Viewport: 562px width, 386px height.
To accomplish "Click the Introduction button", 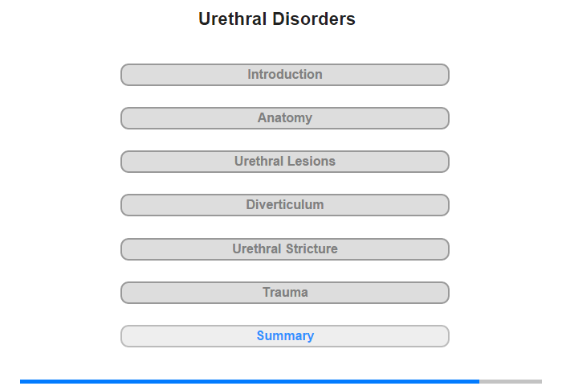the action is pyautogui.click(x=285, y=75).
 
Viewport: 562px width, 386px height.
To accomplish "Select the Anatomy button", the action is pyautogui.click(x=285, y=118).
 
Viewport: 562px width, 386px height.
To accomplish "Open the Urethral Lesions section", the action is pyautogui.click(x=285, y=162).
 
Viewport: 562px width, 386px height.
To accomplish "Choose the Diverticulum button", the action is pyautogui.click(x=285, y=205).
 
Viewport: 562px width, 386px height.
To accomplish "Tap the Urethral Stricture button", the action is pyautogui.click(x=285, y=249).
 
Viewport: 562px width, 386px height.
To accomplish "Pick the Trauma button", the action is pyautogui.click(x=285, y=293).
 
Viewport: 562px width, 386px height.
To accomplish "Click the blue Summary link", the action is pyautogui.click(x=285, y=335).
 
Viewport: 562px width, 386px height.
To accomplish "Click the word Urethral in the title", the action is pyautogui.click(x=233, y=18).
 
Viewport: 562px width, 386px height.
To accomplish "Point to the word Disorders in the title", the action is pyautogui.click(x=314, y=18).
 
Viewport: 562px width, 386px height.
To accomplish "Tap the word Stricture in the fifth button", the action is pyautogui.click(x=312, y=248).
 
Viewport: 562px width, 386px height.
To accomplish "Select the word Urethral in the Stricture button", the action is pyautogui.click(x=257, y=248).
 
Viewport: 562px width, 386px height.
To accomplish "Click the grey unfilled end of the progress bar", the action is pyautogui.click(x=511, y=381).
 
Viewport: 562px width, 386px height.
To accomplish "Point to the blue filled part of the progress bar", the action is pyautogui.click(x=250, y=381).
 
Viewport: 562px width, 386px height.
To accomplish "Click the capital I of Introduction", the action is pyautogui.click(x=249, y=74).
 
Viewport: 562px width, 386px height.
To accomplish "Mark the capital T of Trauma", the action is pyautogui.click(x=267, y=292).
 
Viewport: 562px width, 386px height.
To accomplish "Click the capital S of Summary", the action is pyautogui.click(x=261, y=335).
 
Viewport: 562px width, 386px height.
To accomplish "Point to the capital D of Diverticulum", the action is pyautogui.click(x=250, y=205).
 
